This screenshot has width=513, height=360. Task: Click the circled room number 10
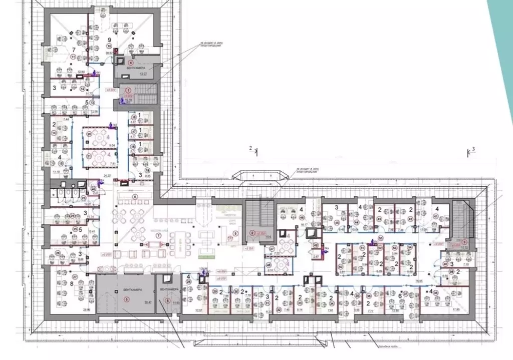click(109, 46)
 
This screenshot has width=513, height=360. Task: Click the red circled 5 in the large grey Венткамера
click(126, 300)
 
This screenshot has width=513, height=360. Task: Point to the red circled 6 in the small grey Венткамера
click(167, 300)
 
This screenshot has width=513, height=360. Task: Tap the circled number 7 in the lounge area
click(158, 235)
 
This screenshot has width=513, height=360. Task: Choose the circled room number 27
click(75, 276)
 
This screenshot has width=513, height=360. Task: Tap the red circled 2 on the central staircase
click(252, 233)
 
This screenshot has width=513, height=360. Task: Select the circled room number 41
click(435, 216)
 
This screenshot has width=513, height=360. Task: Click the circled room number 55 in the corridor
click(381, 237)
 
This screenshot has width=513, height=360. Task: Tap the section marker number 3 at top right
click(473, 149)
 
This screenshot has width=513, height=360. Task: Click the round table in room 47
click(287, 246)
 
